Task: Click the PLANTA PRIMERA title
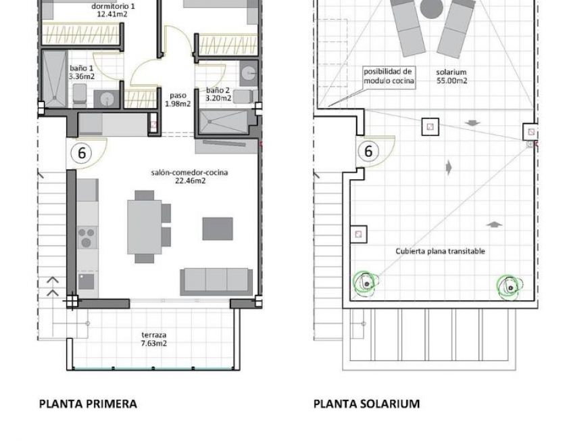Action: tap(88, 404)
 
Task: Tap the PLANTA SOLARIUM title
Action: tap(366, 404)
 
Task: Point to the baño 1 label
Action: tap(82, 72)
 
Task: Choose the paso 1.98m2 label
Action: tap(178, 99)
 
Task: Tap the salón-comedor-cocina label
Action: tap(189, 177)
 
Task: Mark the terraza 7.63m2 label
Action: tap(154, 339)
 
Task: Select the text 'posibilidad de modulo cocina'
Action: tap(389, 76)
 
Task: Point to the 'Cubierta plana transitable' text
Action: tap(440, 251)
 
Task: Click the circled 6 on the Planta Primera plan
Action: tap(82, 152)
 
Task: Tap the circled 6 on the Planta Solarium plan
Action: tap(368, 151)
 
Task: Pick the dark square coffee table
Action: tap(218, 229)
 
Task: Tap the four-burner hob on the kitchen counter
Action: tap(87, 237)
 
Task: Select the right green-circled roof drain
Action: tap(508, 286)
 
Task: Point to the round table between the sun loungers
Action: tap(430, 8)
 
